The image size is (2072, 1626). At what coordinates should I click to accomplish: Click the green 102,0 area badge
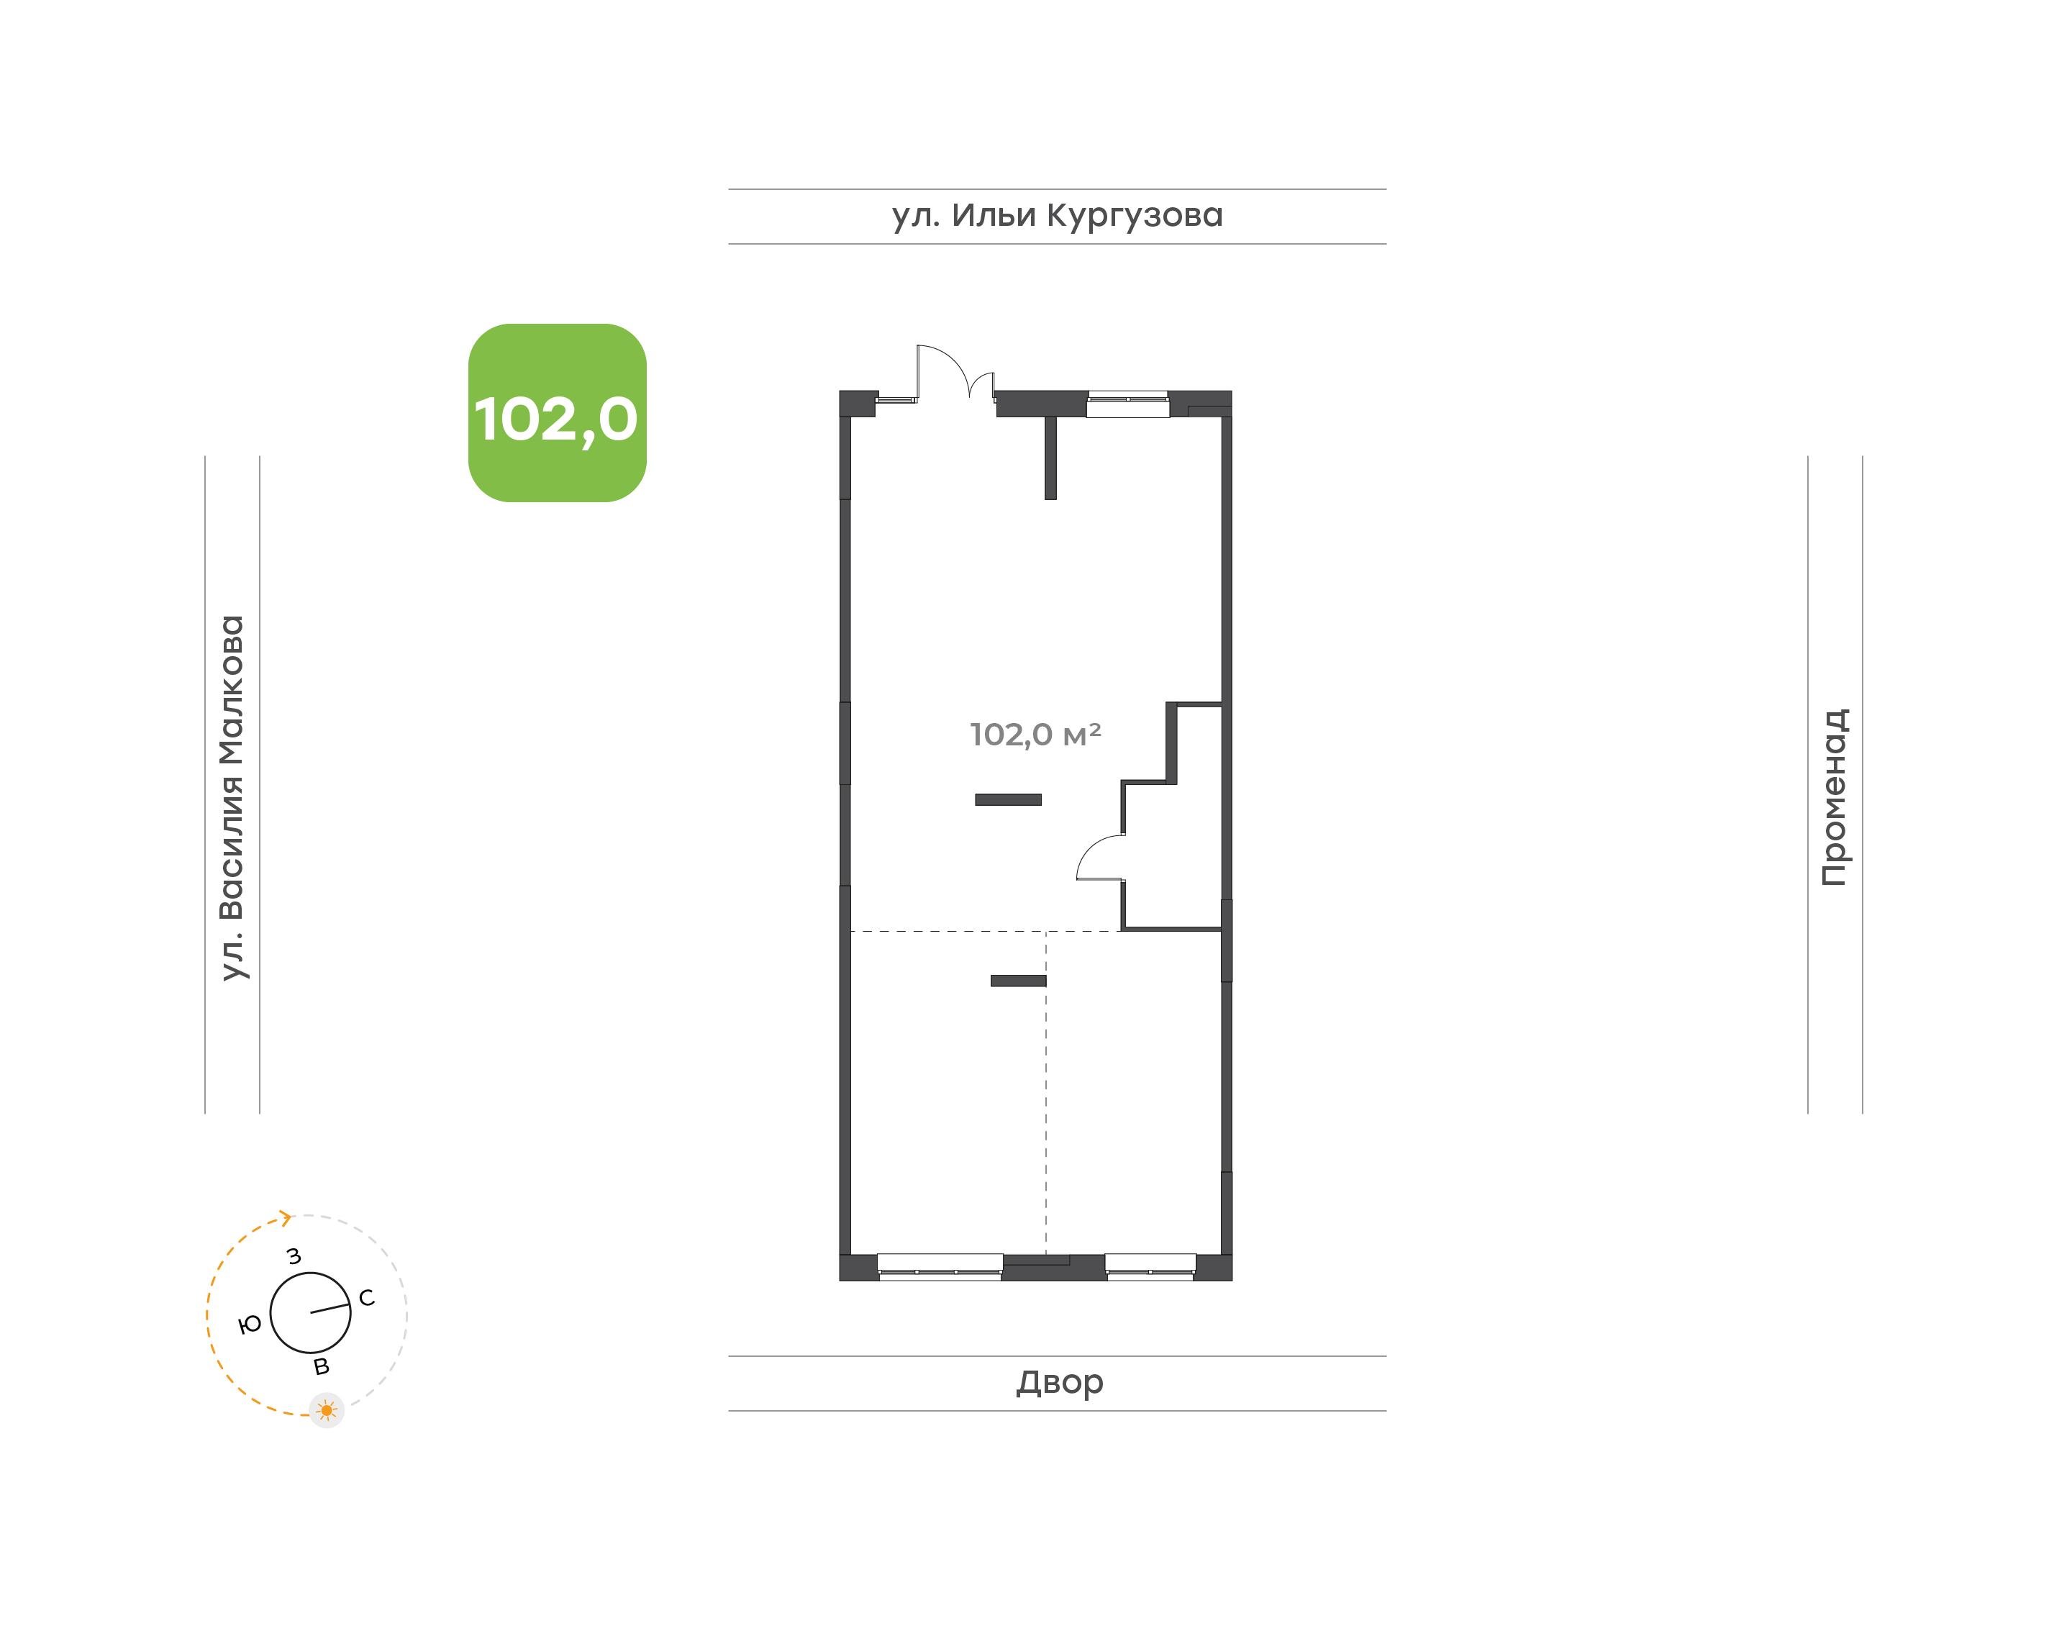[x=557, y=412]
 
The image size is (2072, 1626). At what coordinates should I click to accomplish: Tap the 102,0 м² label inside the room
[x=1035, y=735]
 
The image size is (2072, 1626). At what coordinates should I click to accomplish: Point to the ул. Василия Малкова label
[x=232, y=798]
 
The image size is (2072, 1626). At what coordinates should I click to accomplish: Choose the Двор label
[x=1059, y=1382]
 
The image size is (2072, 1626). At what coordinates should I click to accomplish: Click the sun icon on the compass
[x=327, y=1410]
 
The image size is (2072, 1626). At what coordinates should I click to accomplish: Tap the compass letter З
[x=294, y=1257]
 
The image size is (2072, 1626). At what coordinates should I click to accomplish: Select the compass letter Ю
[x=250, y=1325]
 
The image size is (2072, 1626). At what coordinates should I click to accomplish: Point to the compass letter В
[x=322, y=1367]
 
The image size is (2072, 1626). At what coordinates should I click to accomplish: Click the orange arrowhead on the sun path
[x=285, y=1217]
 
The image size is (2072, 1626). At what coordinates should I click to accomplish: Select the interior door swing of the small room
[x=1100, y=857]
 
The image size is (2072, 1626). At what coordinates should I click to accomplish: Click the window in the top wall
[x=1128, y=404]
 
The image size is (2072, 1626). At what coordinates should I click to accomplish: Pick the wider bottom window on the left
[x=940, y=1267]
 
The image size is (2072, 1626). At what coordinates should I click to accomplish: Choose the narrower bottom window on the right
[x=1150, y=1267]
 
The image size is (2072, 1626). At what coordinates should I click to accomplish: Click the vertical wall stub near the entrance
[x=1051, y=458]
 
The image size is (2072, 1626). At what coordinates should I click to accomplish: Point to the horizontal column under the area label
[x=1008, y=799]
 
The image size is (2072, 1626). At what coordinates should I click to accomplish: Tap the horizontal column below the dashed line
[x=1019, y=981]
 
